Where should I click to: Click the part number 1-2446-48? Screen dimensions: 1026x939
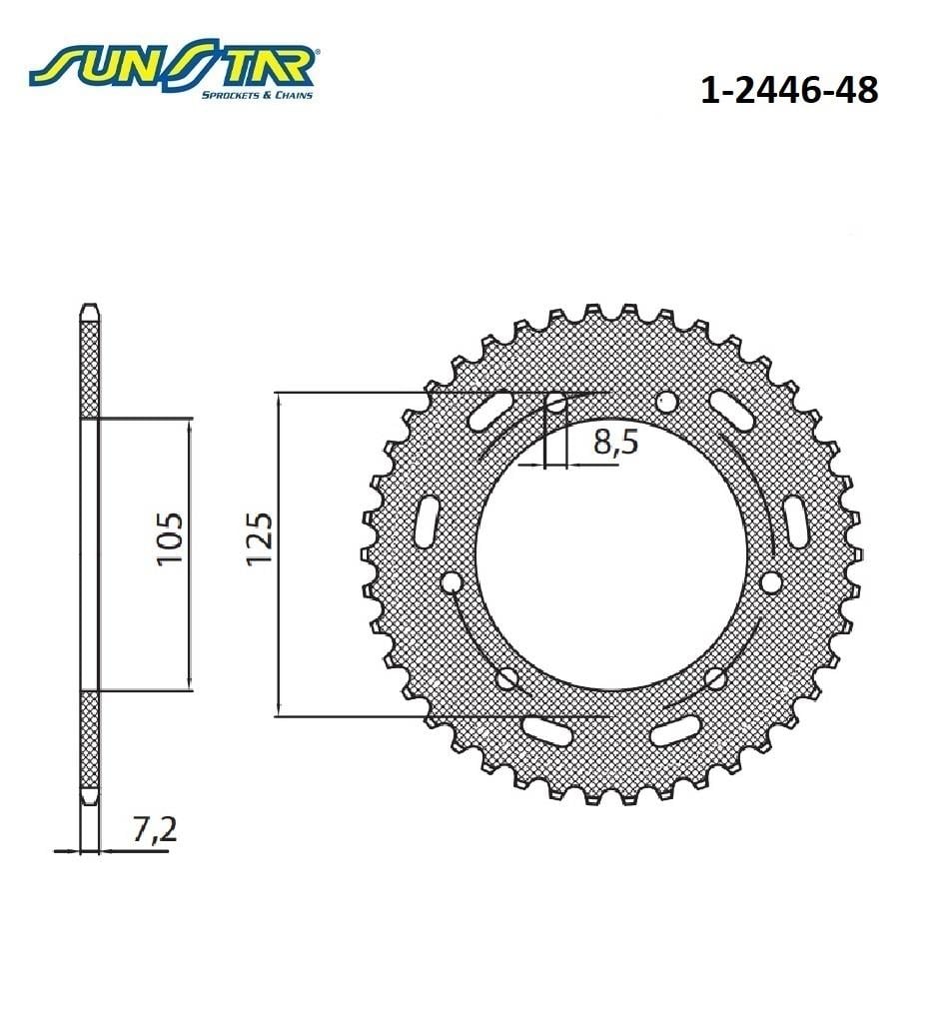789,90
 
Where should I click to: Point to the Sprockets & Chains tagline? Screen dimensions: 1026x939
257,95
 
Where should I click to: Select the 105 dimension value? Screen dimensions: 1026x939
170,539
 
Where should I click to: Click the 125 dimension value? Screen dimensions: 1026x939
259,540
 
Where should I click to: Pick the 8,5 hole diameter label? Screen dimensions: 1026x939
615,442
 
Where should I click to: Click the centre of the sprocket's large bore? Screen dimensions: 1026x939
610,553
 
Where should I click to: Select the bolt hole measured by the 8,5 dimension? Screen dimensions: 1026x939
555,403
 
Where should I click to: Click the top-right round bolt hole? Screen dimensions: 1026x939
665,402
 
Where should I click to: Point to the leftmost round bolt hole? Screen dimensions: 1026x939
452,582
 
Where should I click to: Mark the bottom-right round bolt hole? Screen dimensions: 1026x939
714,679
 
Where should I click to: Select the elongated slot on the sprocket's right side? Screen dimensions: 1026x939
795,521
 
